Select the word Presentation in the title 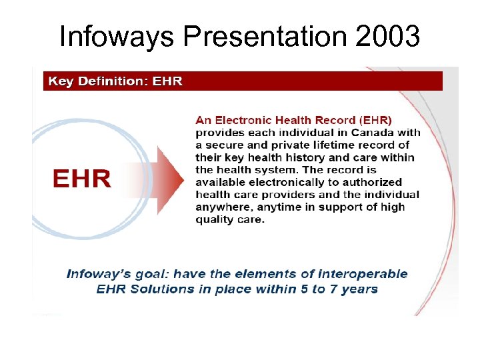pyautogui.click(x=266, y=37)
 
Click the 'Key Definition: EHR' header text pyautogui.click(x=115, y=82)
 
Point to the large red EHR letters pyautogui.click(x=82, y=179)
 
